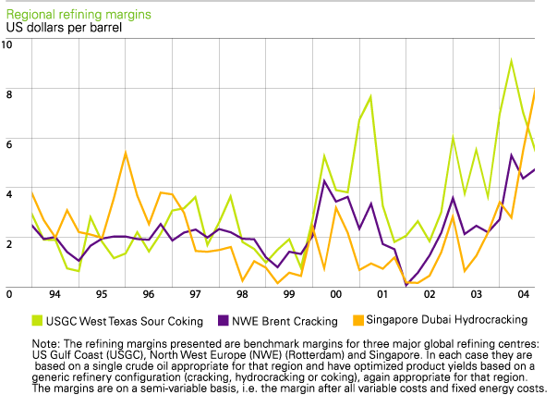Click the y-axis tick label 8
click(8, 94)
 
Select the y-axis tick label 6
click(8, 144)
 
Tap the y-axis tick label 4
click(8, 193)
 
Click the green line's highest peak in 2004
click(512, 60)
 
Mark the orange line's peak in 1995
click(126, 153)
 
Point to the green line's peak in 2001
click(370, 96)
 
